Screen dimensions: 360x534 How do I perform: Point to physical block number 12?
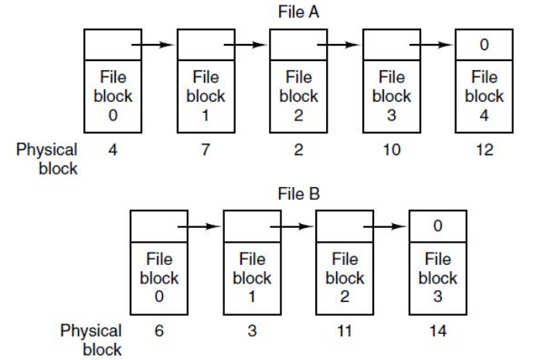tap(484, 149)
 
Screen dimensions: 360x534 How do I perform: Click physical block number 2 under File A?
tap(298, 149)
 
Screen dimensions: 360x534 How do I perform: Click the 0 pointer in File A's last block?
tap(484, 45)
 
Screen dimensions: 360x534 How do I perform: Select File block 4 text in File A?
tap(484, 97)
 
